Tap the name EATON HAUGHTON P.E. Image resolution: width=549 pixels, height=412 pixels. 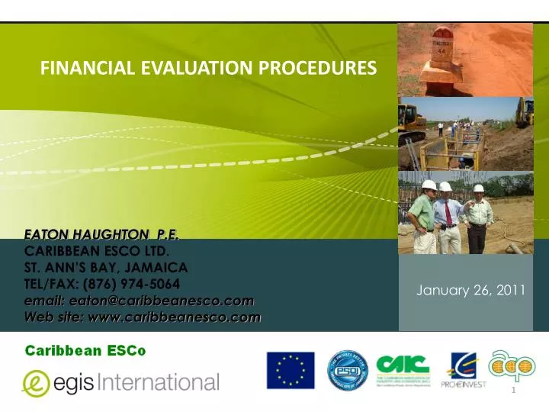[106, 233]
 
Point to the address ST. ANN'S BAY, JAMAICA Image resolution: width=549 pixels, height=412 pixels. [107, 266]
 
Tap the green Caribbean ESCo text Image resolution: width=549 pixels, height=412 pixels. [88, 350]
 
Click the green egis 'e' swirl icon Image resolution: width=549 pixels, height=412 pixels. [36, 381]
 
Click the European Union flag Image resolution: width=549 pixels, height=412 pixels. [291, 370]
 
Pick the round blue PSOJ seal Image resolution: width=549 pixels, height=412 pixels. [348, 370]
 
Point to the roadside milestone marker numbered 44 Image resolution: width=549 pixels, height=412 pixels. [441, 46]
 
